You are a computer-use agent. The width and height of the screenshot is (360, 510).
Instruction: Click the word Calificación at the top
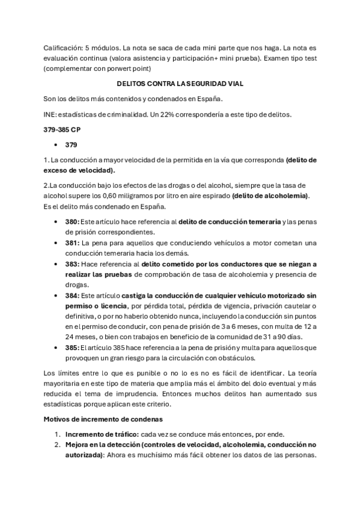click(x=63, y=48)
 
